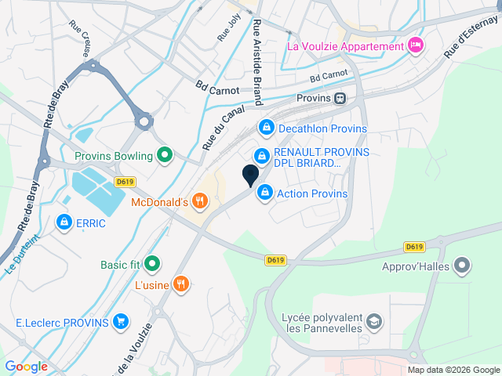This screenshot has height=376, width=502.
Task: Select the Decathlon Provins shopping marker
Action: pyautogui.click(x=267, y=128)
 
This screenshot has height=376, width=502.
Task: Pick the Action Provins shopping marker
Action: pyautogui.click(x=266, y=192)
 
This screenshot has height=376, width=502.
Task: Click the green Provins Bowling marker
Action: pyautogui.click(x=164, y=155)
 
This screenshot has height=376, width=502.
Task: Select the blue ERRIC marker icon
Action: pyautogui.click(x=64, y=222)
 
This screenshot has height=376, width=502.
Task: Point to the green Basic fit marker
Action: pyautogui.click(x=152, y=264)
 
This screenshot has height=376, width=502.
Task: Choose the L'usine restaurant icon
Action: pyautogui.click(x=181, y=284)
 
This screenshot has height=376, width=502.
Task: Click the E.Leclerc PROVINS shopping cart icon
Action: pyautogui.click(x=120, y=321)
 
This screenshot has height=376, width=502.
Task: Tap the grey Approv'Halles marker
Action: pyautogui.click(x=463, y=265)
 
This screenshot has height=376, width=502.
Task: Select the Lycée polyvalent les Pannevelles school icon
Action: pyautogui.click(x=375, y=321)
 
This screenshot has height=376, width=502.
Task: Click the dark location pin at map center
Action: pyautogui.click(x=250, y=175)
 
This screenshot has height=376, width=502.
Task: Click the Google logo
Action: pyautogui.click(x=26, y=366)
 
